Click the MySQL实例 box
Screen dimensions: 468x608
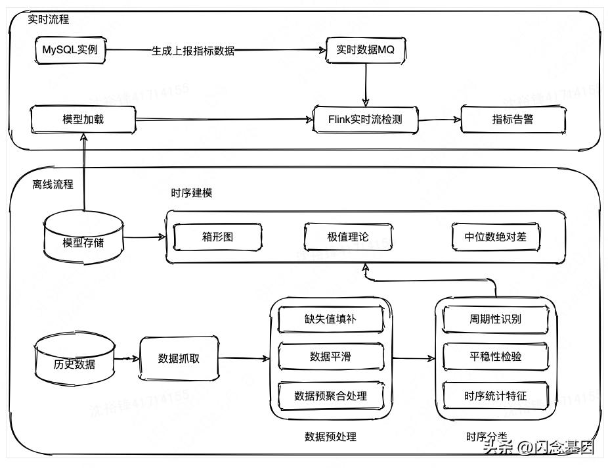click(70, 51)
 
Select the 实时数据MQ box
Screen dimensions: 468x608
click(366, 50)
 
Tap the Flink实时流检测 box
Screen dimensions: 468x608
click(365, 120)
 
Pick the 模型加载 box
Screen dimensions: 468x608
click(83, 120)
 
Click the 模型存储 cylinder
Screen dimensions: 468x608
click(83, 239)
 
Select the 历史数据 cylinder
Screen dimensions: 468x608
click(74, 360)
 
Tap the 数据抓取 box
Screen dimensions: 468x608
click(179, 359)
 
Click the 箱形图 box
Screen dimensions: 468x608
click(217, 237)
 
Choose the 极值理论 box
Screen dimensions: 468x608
click(348, 237)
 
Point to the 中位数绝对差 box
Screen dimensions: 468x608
click(496, 237)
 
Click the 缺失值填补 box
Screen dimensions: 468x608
click(330, 319)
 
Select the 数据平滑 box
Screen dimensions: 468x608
click(330, 357)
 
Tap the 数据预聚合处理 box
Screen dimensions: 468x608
click(330, 395)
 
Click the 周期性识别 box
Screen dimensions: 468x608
click(495, 319)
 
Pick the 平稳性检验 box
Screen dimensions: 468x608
click(495, 357)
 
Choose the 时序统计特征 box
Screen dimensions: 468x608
click(495, 395)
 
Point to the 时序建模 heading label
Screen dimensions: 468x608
click(191, 193)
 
